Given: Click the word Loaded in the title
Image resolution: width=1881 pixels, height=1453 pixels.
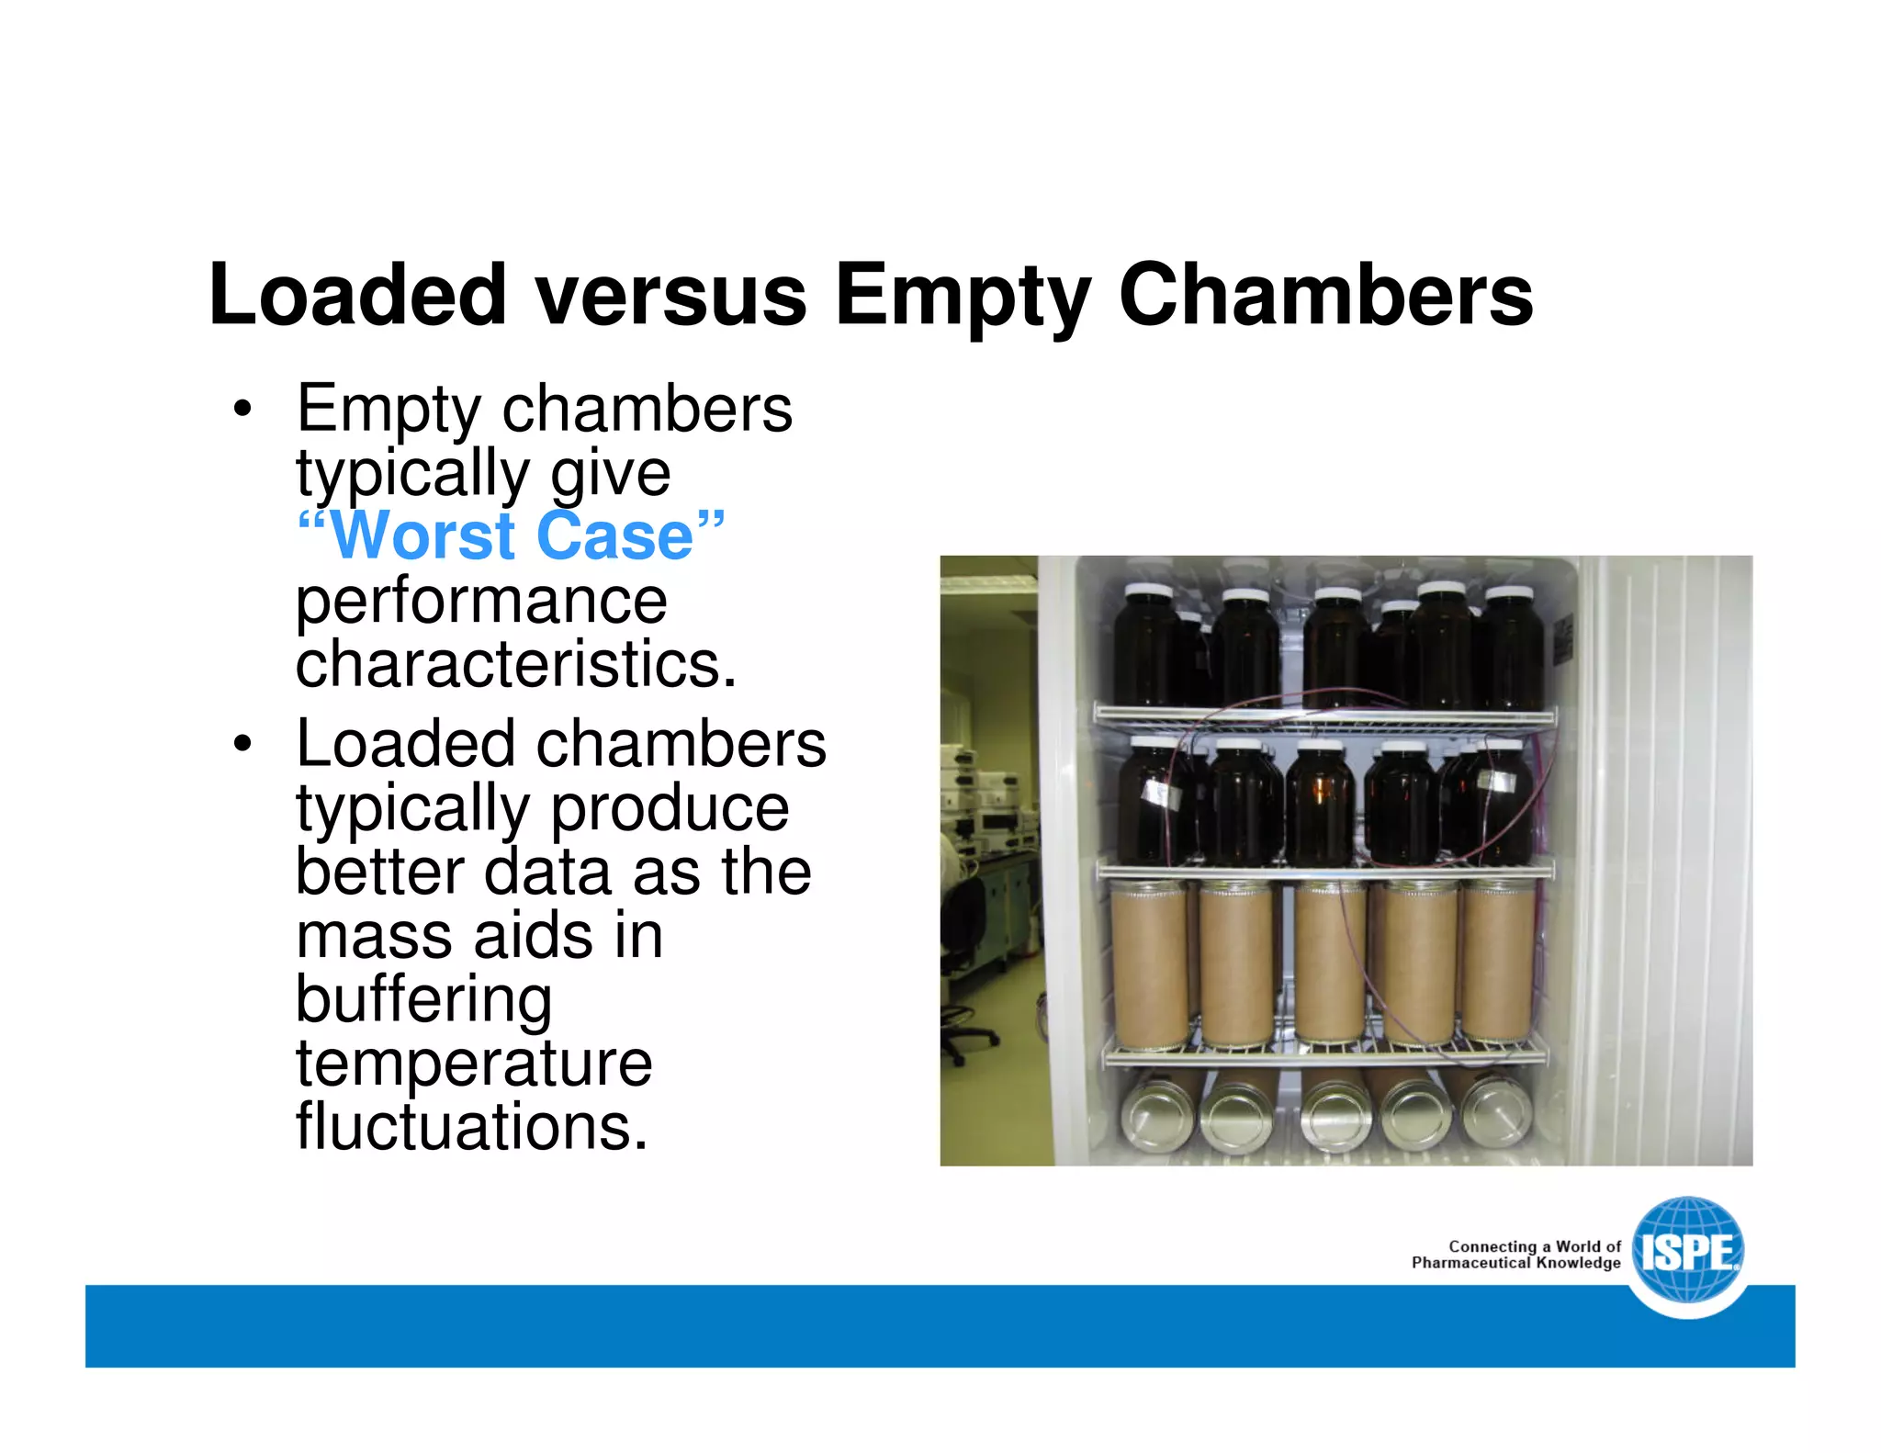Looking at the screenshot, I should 357,295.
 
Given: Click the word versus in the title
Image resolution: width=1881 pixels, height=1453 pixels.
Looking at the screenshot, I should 670,295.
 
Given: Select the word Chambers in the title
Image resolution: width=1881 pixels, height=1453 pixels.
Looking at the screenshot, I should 1325,295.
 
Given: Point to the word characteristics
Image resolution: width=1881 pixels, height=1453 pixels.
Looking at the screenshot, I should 515,664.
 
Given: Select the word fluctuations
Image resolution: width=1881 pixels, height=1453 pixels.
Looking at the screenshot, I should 471,1127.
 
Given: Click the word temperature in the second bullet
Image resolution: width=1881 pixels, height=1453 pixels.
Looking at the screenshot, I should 474,1063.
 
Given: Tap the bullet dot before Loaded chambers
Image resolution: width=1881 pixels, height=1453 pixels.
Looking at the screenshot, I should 242,744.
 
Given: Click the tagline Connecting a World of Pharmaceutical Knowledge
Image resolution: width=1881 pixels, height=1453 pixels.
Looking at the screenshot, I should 1517,1255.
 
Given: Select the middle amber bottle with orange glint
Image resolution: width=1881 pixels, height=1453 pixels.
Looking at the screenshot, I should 1321,804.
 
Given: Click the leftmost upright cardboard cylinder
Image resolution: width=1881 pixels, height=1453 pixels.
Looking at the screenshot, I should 1148,964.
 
